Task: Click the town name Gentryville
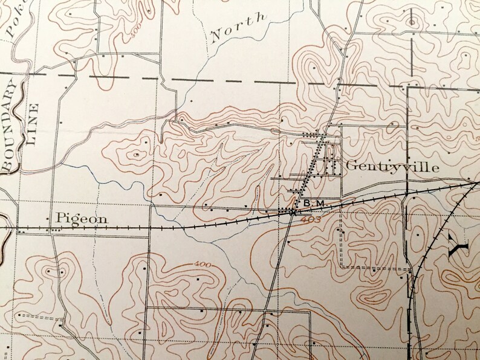tap(392, 167)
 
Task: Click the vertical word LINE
tap(33, 126)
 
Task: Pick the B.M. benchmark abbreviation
tap(314, 204)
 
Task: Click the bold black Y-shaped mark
tap(459, 246)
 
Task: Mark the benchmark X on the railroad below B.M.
tap(293, 212)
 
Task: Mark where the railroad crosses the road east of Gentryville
tap(407, 195)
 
